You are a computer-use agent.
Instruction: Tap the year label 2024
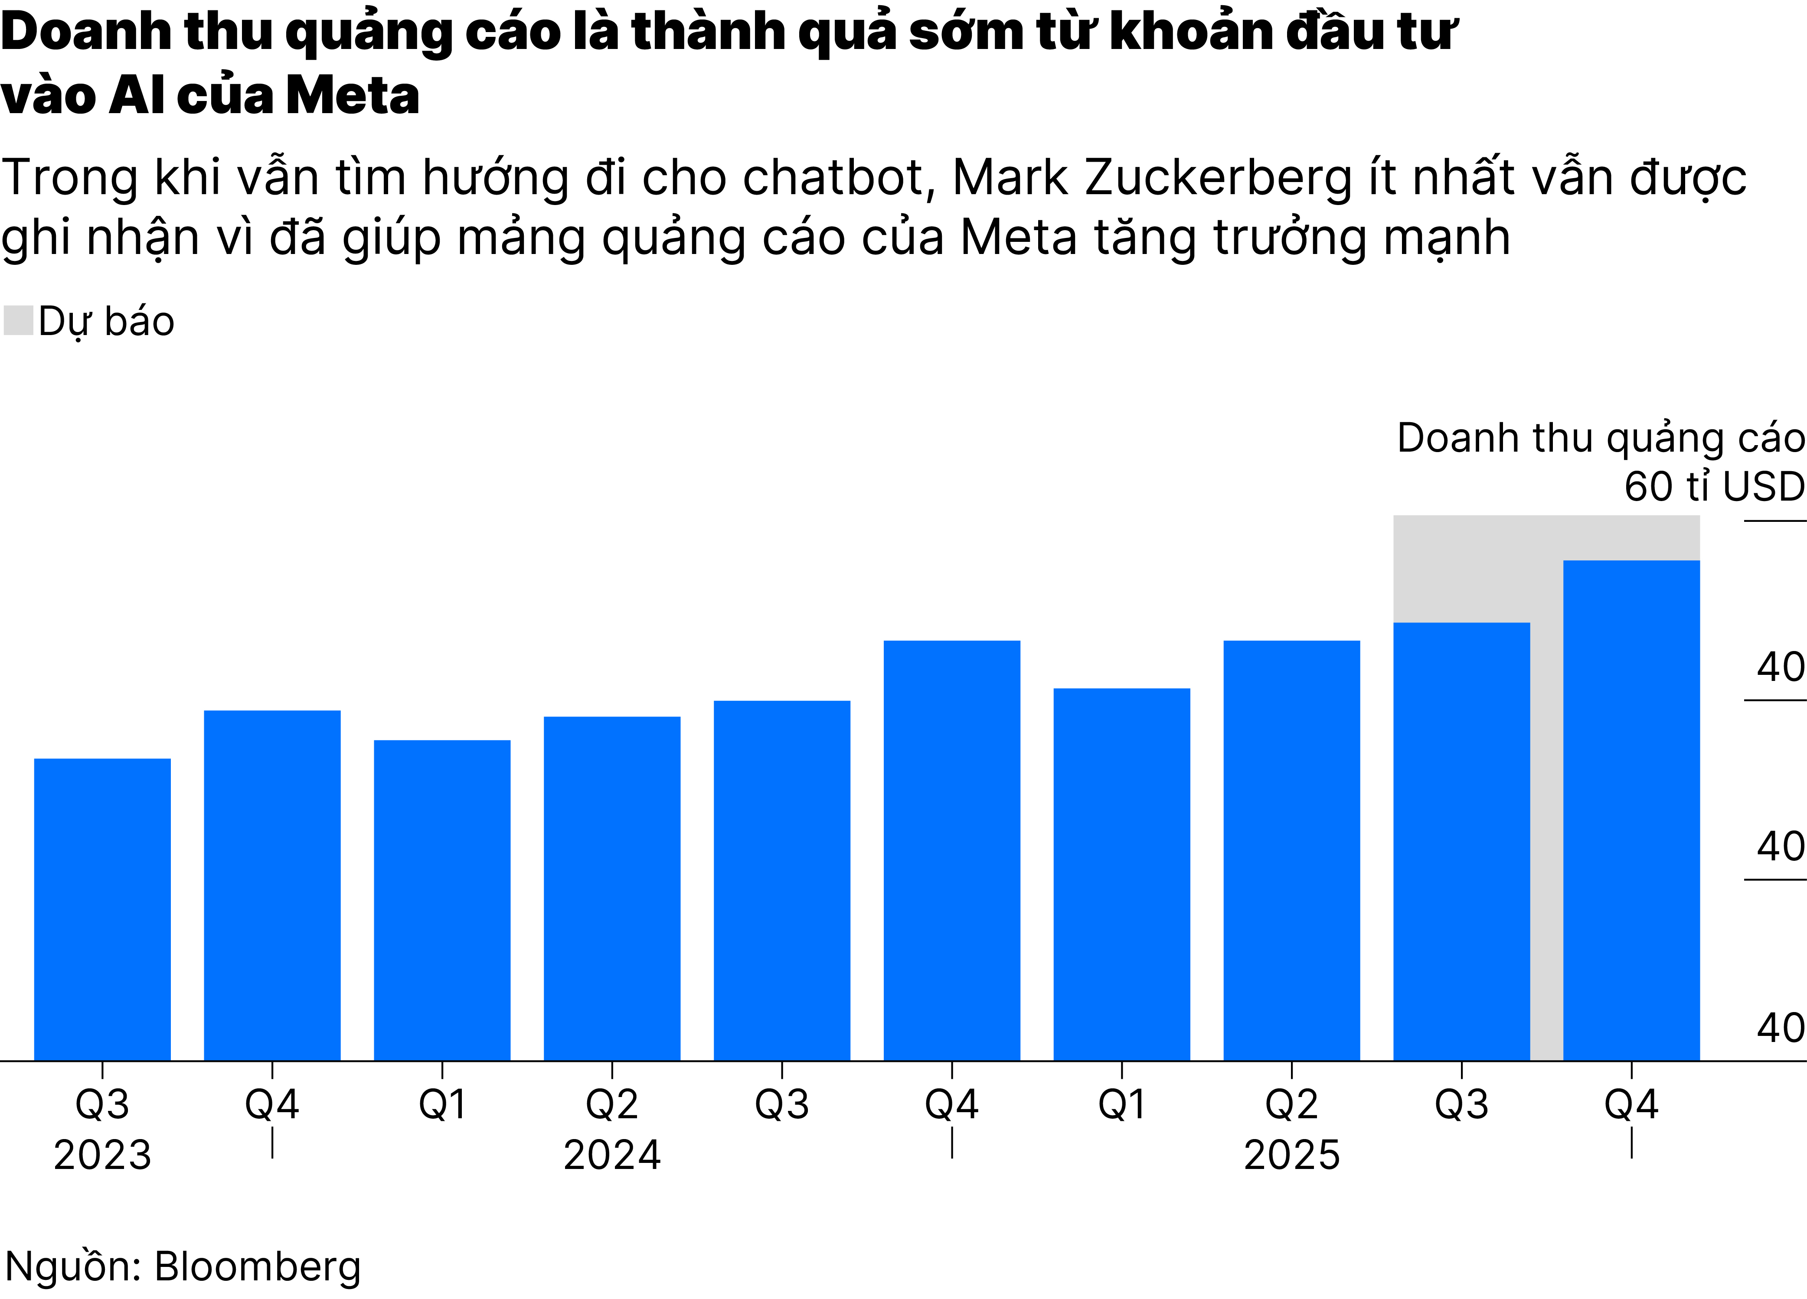(x=612, y=1155)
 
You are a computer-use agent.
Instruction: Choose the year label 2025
(x=1291, y=1155)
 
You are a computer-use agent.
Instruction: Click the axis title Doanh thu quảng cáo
(x=1600, y=438)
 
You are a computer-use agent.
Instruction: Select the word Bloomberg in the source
(x=257, y=1266)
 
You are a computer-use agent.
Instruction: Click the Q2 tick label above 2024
(x=612, y=1105)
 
